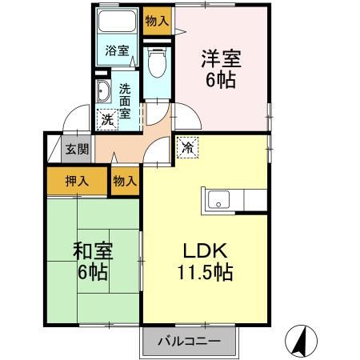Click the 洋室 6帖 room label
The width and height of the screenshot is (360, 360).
(x=222, y=69)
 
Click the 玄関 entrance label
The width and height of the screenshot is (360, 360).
(x=76, y=150)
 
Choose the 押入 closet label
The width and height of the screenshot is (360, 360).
(x=77, y=181)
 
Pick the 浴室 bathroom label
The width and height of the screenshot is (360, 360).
(x=117, y=51)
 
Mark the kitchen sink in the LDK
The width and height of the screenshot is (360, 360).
(x=218, y=200)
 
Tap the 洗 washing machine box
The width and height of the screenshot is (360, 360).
(x=107, y=119)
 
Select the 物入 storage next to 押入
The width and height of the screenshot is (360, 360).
(x=124, y=182)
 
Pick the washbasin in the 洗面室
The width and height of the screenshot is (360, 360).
(x=103, y=90)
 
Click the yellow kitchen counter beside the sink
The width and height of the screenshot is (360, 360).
(x=254, y=200)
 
